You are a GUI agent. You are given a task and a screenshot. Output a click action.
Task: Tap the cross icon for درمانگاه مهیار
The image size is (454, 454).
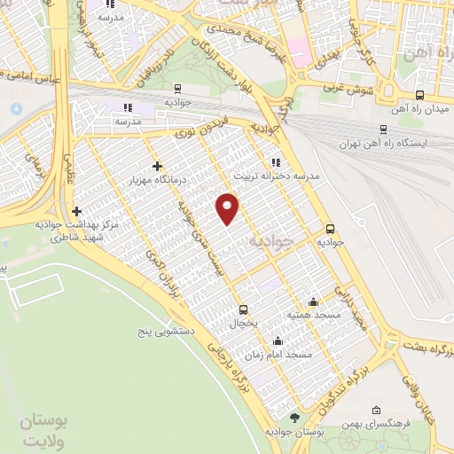(157, 166)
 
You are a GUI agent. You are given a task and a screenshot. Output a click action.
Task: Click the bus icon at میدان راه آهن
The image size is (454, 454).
(419, 96)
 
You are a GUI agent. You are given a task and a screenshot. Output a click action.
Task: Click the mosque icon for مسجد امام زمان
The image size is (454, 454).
(278, 340)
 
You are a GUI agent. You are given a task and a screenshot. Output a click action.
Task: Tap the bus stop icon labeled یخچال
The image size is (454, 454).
(243, 309)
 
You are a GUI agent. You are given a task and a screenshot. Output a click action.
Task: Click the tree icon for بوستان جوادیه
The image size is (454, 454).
(295, 417)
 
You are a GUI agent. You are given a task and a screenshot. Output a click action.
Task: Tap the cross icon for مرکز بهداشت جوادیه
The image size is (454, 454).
(77, 211)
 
